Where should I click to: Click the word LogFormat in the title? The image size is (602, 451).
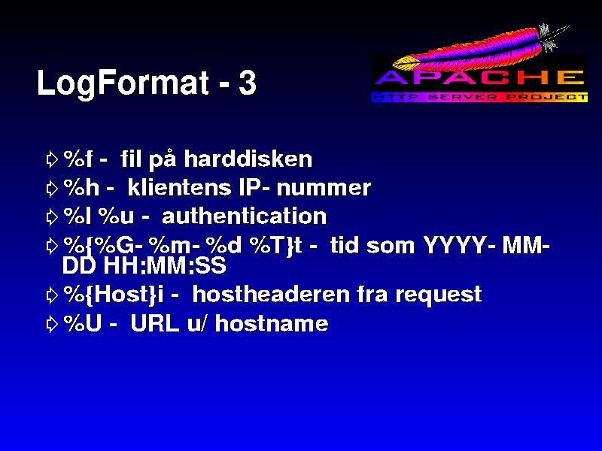(123, 83)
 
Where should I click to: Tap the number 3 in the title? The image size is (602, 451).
(247, 83)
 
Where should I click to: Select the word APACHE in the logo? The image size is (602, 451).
(480, 78)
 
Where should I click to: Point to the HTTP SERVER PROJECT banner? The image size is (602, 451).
(480, 97)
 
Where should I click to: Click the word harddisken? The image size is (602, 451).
(248, 159)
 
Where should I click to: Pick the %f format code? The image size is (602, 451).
(78, 159)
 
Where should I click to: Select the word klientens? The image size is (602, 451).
(179, 187)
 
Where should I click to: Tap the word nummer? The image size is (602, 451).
(324, 188)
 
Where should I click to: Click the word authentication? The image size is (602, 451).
(244, 216)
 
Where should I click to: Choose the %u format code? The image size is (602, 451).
(117, 216)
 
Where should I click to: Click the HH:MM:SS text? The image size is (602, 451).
(165, 265)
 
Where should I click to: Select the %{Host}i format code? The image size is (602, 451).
(114, 295)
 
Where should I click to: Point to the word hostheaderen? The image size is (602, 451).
(271, 295)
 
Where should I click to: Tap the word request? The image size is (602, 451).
(439, 295)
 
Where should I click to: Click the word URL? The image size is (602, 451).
(155, 324)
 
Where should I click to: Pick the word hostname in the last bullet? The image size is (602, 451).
(272, 324)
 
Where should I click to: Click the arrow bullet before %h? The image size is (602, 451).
(52, 189)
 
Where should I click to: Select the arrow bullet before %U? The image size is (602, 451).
(52, 325)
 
